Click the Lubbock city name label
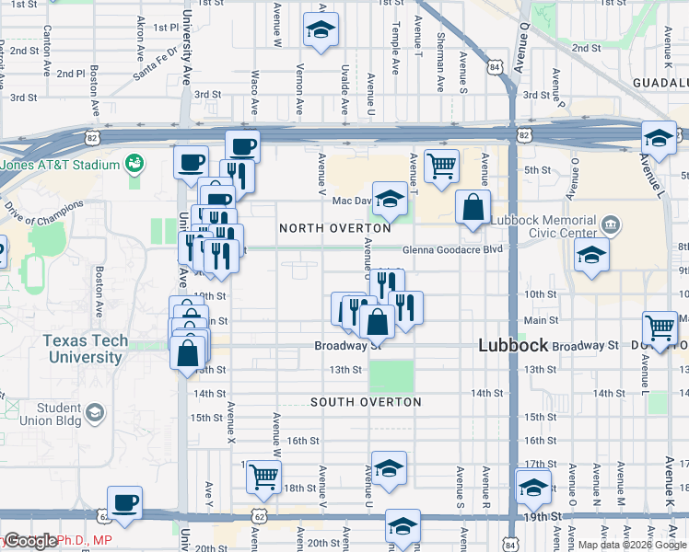(511, 346)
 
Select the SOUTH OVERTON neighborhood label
(366, 402)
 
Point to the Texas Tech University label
(84, 349)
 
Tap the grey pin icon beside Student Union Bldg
(95, 415)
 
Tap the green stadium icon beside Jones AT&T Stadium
(134, 164)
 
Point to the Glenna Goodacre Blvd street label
(452, 248)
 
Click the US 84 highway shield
(496, 68)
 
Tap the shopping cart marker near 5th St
(442, 167)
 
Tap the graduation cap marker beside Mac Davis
(390, 199)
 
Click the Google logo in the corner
(30, 542)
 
